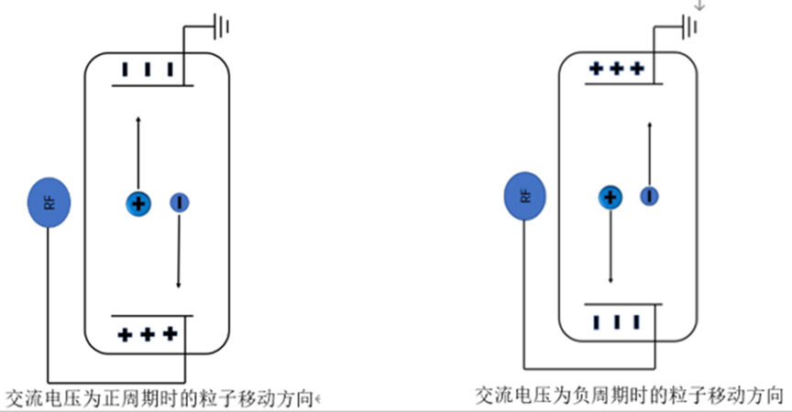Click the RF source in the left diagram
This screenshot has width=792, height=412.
49,202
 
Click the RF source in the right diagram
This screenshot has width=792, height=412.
525,196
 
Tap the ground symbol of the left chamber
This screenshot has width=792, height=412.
221,26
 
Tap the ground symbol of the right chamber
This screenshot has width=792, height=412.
689,27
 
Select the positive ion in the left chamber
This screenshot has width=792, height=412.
137,204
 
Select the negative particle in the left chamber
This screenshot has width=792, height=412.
180,202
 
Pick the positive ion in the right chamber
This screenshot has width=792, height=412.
610,197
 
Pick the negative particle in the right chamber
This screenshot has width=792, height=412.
649,196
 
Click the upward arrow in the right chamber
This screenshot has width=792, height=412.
650,155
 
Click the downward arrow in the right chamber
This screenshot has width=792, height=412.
610,246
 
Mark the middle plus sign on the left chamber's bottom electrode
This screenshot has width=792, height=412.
147,334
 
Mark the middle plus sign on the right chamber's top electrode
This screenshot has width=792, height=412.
617,68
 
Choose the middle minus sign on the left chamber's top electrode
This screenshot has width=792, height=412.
148,69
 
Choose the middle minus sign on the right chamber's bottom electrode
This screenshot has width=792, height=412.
617,321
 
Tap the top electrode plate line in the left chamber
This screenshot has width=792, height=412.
152,86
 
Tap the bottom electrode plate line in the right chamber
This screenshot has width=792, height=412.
623,304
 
